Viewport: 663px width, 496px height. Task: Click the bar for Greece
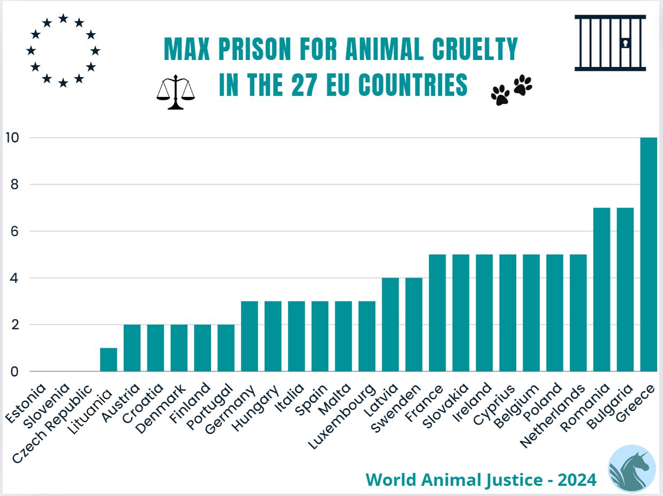click(649, 254)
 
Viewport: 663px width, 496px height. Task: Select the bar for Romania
click(601, 289)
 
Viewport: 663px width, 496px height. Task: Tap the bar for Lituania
click(109, 359)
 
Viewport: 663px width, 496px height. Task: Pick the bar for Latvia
click(390, 325)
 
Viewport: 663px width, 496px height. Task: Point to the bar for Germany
click(250, 336)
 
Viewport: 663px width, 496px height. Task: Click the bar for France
click(438, 313)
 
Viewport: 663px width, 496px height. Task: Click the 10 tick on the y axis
click(11, 138)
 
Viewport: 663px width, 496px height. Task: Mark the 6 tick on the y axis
click(13, 231)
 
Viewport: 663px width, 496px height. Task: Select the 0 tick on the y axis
click(13, 372)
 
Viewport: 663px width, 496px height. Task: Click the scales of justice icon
click(175, 92)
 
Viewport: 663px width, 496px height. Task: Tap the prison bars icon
click(610, 43)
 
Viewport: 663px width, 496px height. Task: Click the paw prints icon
click(511, 90)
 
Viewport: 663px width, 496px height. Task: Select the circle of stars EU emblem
click(63, 51)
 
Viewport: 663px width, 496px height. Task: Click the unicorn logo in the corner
click(632, 468)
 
